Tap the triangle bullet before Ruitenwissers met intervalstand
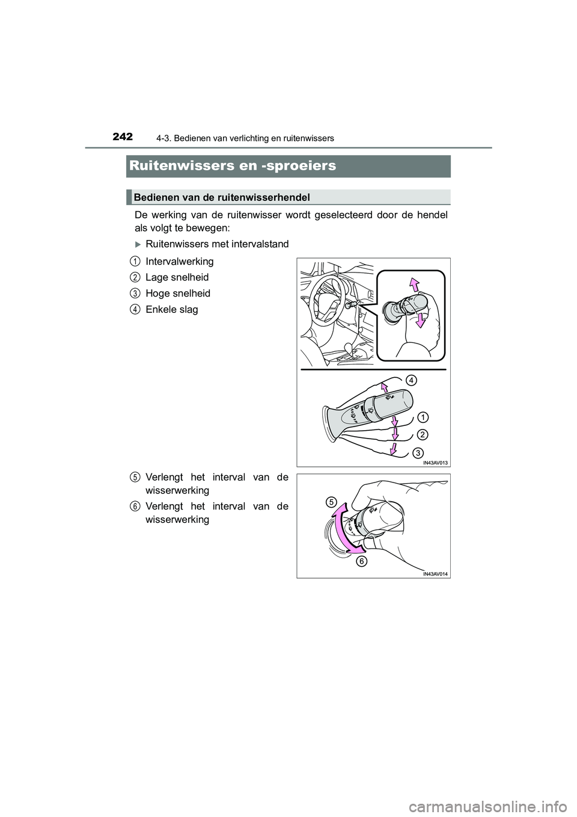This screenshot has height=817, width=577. point(138,244)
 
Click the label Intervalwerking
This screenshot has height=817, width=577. point(179,262)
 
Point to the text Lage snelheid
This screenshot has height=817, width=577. point(177,277)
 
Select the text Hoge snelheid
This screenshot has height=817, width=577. point(178,294)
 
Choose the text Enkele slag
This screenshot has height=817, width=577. point(171,309)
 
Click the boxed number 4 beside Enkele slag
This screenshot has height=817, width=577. point(135,309)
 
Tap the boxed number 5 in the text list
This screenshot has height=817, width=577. point(135,477)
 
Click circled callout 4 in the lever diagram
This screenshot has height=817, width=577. point(409,380)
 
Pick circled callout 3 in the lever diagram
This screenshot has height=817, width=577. point(418,452)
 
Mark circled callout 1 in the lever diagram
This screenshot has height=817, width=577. point(423,417)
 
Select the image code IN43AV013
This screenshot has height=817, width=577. point(436,462)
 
